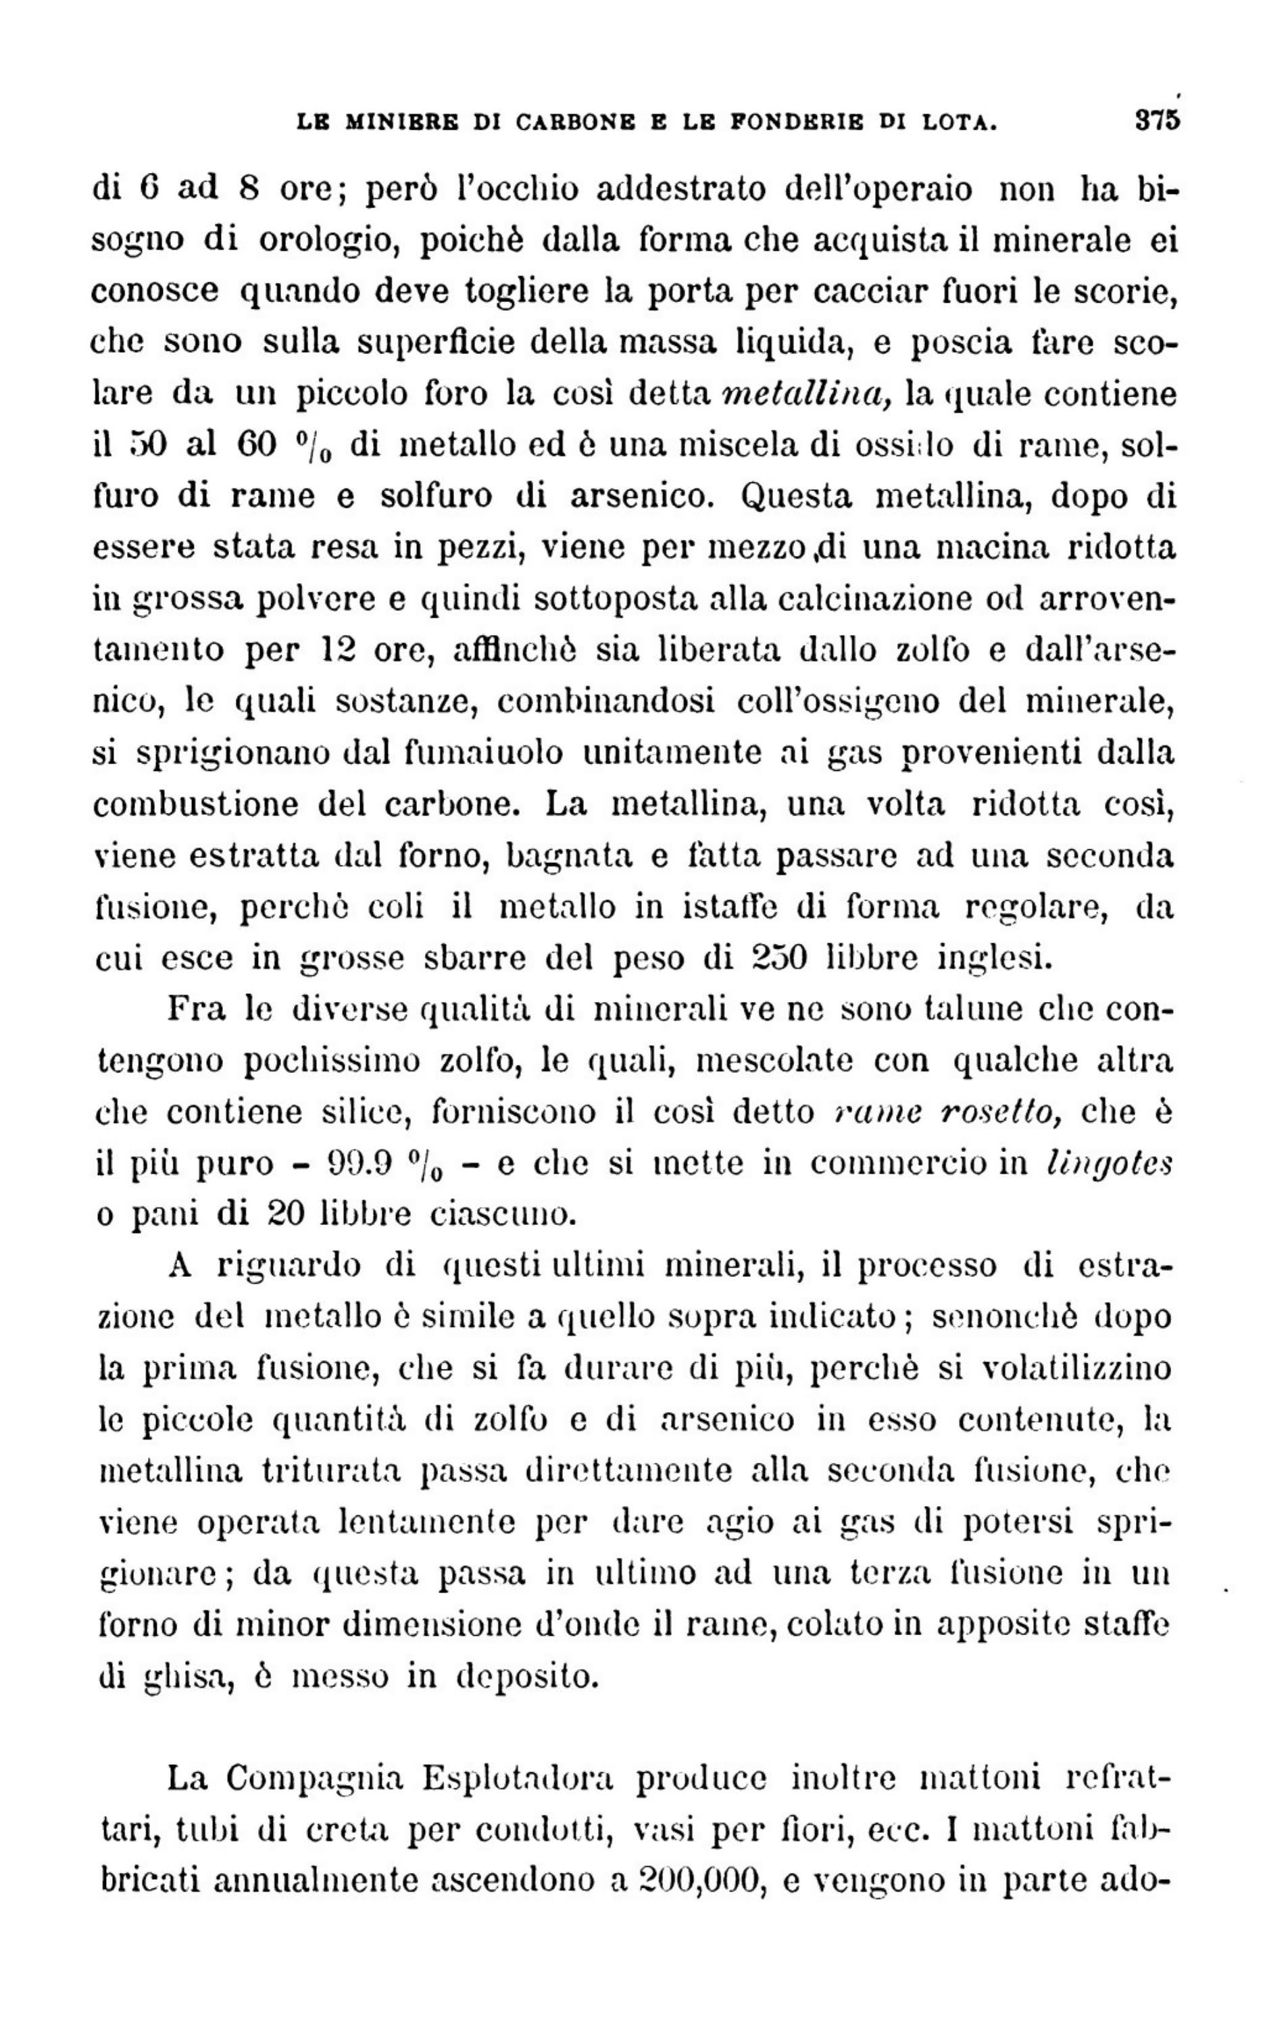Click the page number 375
pyautogui.click(x=1156, y=119)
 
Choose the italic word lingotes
pyautogui.click(x=1110, y=1163)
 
